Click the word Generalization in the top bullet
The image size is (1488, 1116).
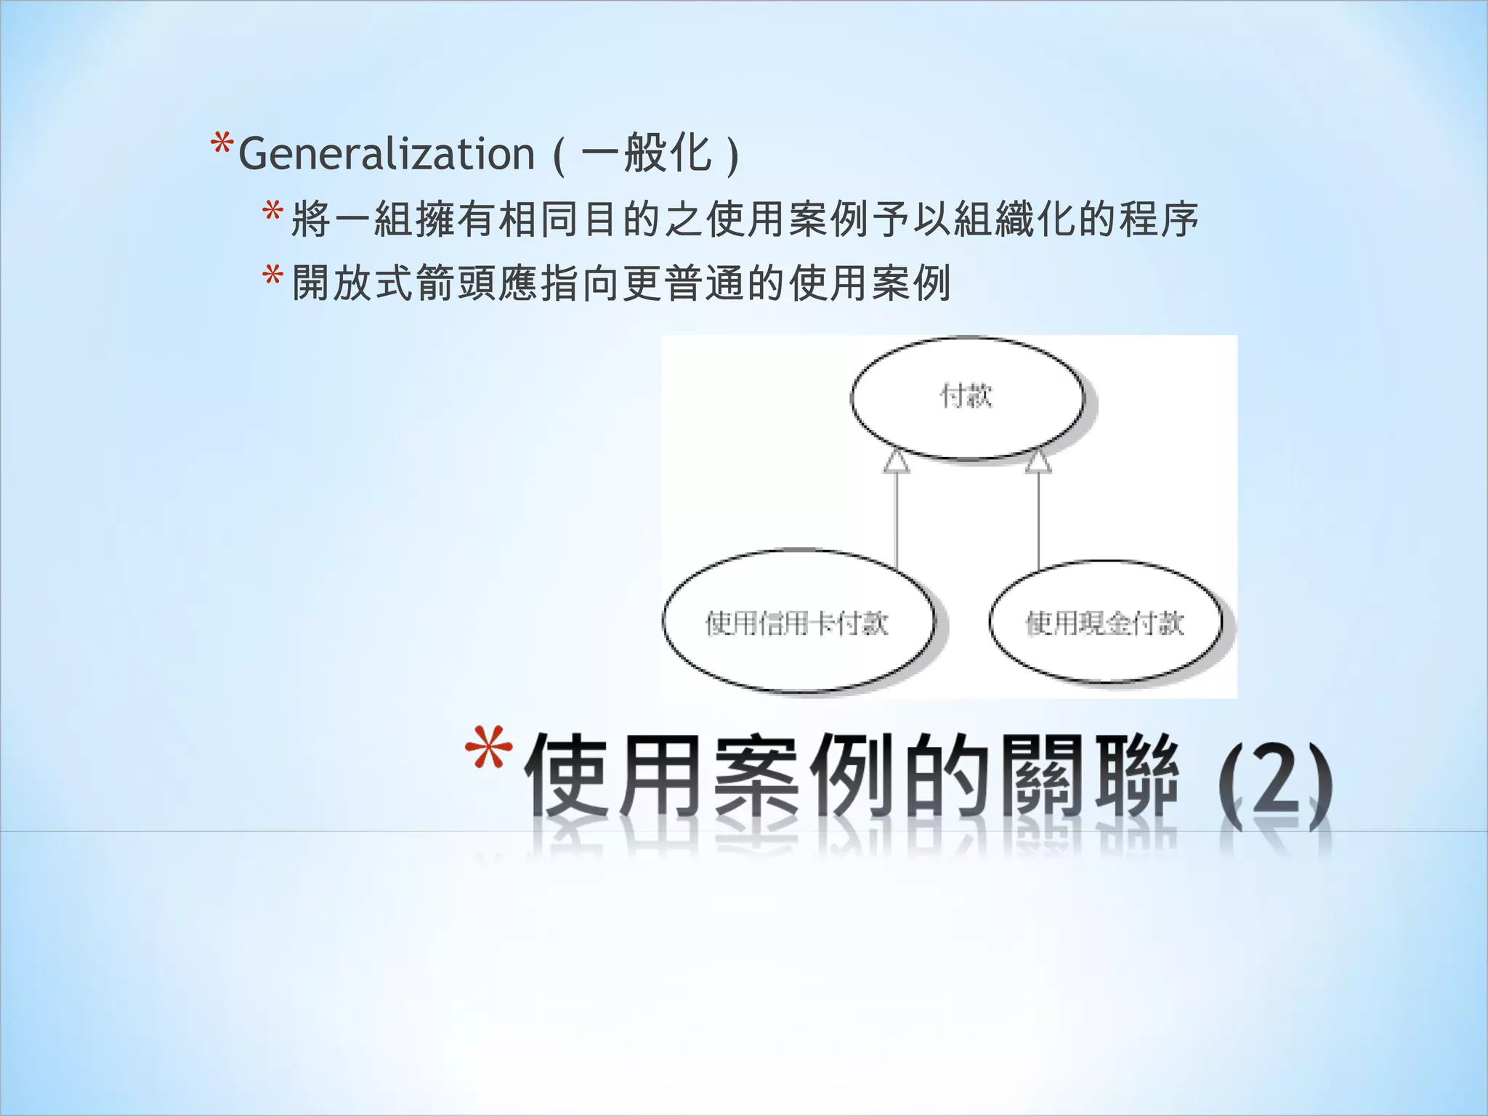pyautogui.click(x=387, y=154)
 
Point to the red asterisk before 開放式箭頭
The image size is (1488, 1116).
pyautogui.click(x=273, y=278)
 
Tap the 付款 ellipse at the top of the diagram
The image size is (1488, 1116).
pyautogui.click(x=967, y=397)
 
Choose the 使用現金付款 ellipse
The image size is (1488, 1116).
pyautogui.click(x=1105, y=623)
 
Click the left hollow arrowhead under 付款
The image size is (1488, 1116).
pyautogui.click(x=897, y=462)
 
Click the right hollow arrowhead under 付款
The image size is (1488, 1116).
pyautogui.click(x=1038, y=462)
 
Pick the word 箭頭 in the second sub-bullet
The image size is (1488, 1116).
pyautogui.click(x=456, y=283)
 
